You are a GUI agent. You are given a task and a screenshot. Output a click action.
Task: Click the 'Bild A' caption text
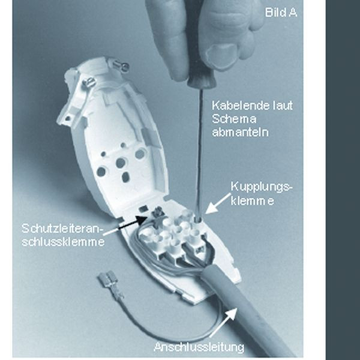click(x=281, y=13)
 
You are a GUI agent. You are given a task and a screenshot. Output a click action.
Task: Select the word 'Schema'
click(x=234, y=119)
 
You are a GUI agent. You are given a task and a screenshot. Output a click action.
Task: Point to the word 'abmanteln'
click(x=240, y=132)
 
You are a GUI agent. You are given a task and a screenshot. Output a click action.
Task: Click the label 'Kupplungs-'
click(x=262, y=187)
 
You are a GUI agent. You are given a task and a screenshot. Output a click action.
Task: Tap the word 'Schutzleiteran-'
click(x=61, y=229)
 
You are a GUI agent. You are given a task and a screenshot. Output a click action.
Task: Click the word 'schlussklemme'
click(x=63, y=242)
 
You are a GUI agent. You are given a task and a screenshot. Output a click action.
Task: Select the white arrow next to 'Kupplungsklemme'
click(x=218, y=203)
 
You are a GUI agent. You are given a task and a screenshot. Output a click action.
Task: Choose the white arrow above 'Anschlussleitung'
click(x=223, y=322)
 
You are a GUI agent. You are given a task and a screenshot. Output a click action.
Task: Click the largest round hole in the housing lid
click(x=140, y=154)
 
